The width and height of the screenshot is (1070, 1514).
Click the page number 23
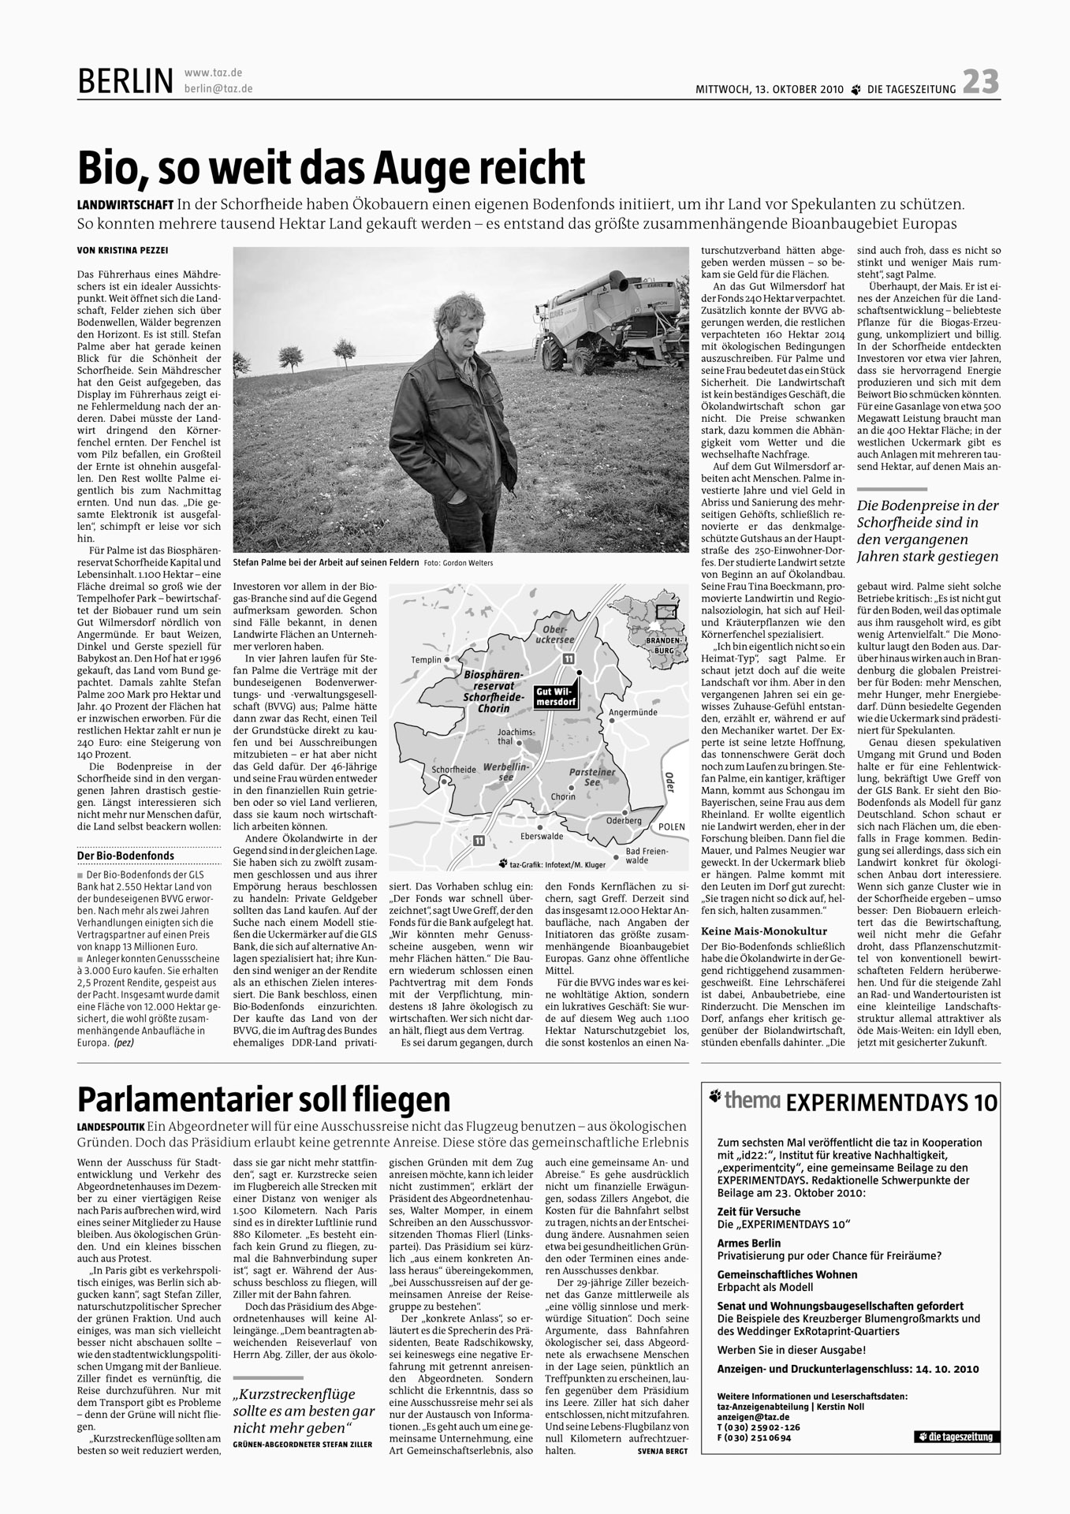[x=980, y=82]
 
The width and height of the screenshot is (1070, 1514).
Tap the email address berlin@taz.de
[x=218, y=89]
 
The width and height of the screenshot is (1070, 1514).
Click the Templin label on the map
[x=425, y=659]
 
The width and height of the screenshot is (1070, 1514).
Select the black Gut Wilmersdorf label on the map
[x=556, y=697]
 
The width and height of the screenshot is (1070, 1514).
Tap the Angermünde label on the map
[x=633, y=712]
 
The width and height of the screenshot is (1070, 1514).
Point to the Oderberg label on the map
[x=624, y=820]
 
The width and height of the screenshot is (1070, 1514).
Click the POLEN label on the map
[x=672, y=826]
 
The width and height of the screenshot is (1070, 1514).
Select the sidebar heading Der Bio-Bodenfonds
[x=125, y=856]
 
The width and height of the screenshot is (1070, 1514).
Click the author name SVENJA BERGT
[x=662, y=1451]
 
